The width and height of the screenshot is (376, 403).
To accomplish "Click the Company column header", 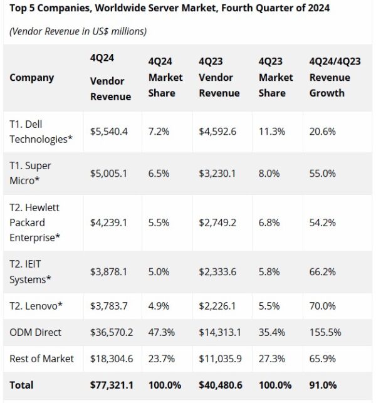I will pos(31,78).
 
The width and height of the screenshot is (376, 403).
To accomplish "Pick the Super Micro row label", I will pos(30,173).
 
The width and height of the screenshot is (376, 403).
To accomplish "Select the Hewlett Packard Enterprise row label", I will pos(35,222).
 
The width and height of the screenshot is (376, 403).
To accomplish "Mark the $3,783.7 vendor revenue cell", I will pos(109,305).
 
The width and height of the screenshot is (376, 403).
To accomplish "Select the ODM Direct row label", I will pos(36,332).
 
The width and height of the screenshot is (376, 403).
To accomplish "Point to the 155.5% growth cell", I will pos(325,332).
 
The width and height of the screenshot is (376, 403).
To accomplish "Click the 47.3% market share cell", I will pos(160,332).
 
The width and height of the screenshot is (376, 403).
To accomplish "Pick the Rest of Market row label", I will pos(41,359).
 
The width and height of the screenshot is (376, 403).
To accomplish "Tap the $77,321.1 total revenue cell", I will pos(112,384).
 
